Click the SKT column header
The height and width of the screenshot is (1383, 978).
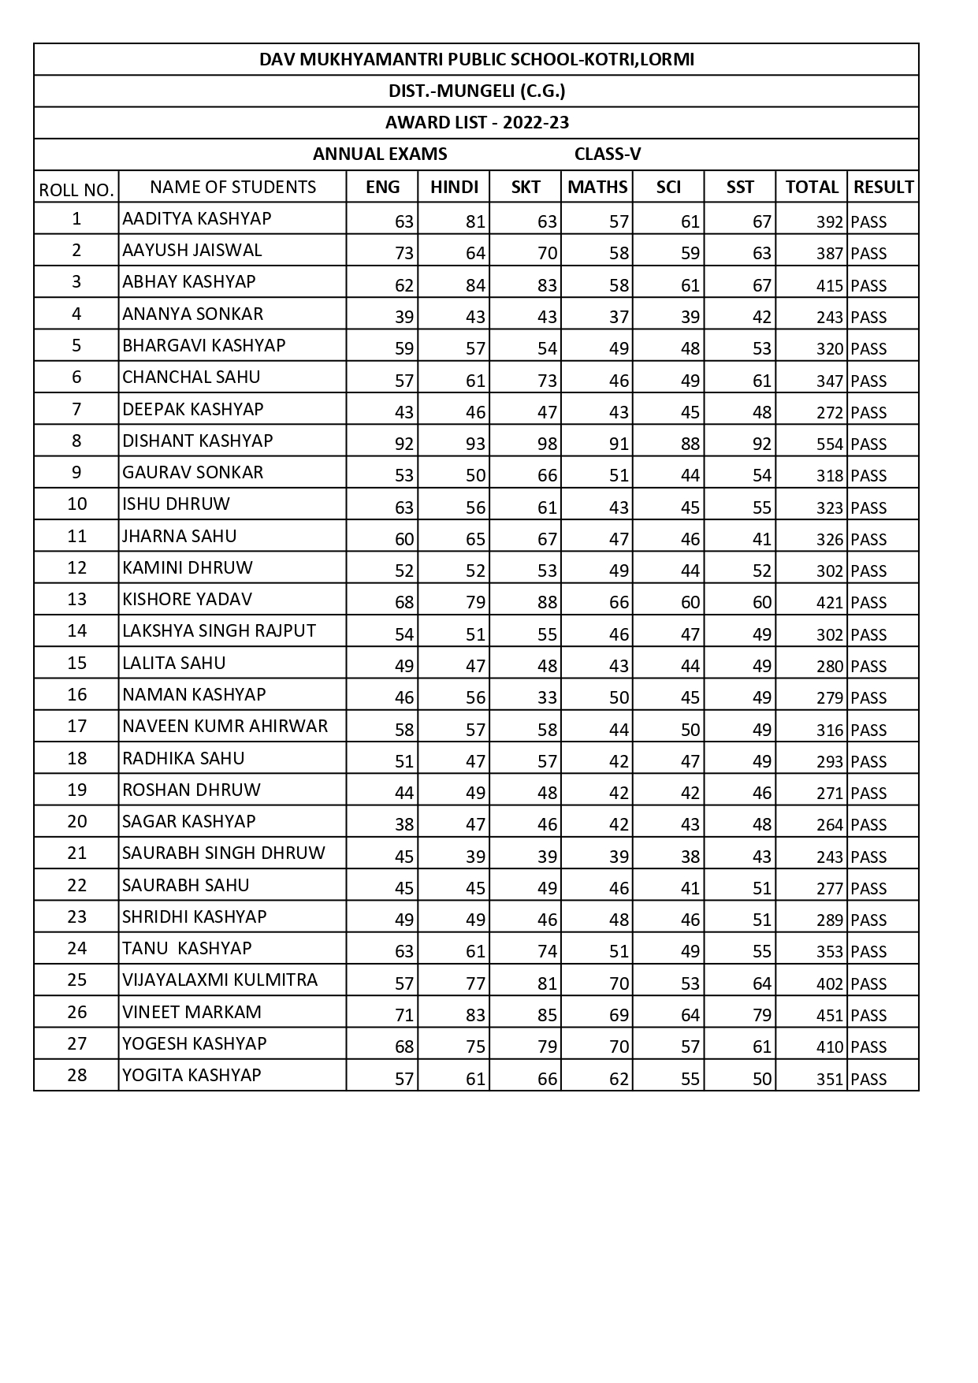coord(526,188)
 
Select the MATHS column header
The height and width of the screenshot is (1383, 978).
coord(597,188)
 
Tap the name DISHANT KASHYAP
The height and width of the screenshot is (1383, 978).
coord(198,441)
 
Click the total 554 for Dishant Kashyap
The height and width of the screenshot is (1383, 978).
coord(830,444)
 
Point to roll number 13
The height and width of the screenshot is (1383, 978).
coord(76,599)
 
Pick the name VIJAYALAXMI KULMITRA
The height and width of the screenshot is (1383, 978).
coord(220,980)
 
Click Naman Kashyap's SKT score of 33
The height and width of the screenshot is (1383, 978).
coord(547,698)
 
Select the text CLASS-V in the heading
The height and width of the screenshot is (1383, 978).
coord(607,154)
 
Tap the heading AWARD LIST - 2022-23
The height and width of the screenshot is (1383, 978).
coord(477,123)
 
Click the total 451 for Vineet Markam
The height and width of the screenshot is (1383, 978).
coord(830,1016)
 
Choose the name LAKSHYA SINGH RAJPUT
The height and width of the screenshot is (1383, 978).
coord(219,630)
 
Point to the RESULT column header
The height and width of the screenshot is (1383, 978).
coord(883,188)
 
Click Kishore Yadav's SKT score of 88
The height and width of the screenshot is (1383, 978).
coord(547,603)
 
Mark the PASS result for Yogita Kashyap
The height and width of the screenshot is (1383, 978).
coord(868,1080)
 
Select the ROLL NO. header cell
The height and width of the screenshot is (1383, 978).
coord(76,190)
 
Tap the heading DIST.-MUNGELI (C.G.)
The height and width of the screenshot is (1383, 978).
coord(477,91)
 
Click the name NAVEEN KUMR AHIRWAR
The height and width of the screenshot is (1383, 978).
coord(225,726)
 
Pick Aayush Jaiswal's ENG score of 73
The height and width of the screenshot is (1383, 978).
coord(403,254)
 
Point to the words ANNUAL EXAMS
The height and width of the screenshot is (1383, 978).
coord(380,154)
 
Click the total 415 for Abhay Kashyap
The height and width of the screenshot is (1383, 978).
coord(830,286)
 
